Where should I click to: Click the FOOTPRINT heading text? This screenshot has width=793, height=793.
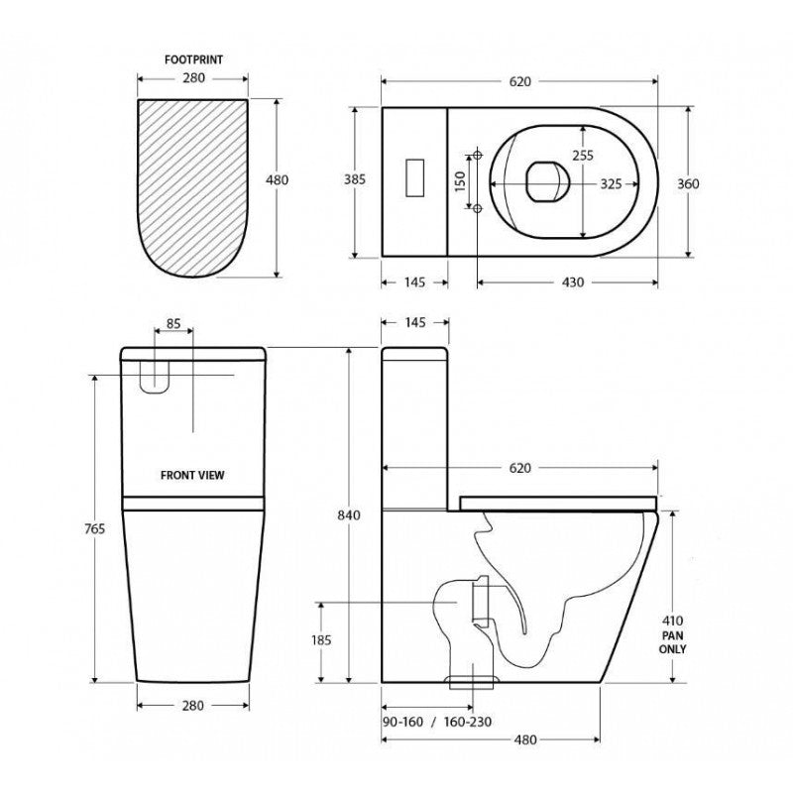tap(192, 59)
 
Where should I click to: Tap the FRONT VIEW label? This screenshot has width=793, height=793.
tap(192, 475)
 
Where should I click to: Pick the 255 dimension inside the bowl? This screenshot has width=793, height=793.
tap(583, 155)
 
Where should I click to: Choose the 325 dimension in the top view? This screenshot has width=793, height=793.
tap(611, 183)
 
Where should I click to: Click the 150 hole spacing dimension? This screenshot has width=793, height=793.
tap(461, 183)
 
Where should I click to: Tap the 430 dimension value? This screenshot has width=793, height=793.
tap(573, 283)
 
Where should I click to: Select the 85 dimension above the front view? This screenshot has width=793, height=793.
tap(172, 322)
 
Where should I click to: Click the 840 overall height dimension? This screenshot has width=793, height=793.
tap(348, 514)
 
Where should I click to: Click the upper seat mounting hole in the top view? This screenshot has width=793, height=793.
tap(478, 155)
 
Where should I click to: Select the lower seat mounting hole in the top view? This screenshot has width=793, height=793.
tap(478, 208)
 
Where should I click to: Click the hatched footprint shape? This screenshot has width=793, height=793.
tap(192, 183)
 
